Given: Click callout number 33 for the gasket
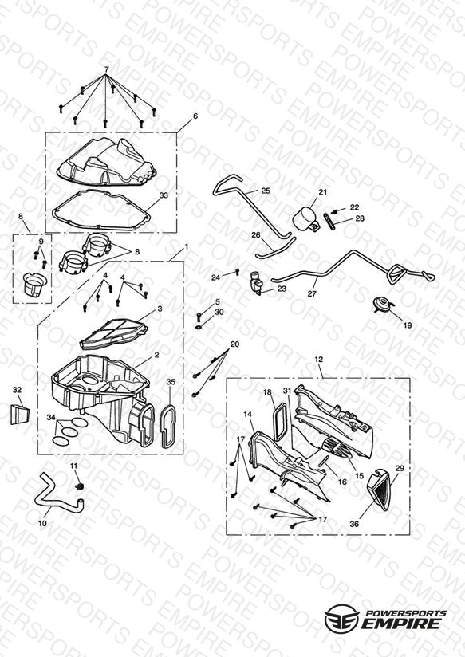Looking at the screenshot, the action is (x=164, y=195).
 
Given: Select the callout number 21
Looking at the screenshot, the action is (x=322, y=192).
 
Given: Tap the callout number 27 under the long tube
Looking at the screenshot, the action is (x=312, y=293).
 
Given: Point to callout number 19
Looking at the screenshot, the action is (x=407, y=325).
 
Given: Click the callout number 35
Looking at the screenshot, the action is (x=171, y=382).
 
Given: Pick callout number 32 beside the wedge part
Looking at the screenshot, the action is (x=17, y=390).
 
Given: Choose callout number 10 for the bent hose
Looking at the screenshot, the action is (x=43, y=523).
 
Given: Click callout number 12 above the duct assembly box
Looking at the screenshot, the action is (x=319, y=359).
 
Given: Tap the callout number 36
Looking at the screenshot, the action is (x=354, y=524).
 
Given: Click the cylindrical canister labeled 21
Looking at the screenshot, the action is (x=305, y=218).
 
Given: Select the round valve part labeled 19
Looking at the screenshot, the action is (x=382, y=305).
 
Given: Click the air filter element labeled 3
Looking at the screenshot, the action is (x=113, y=334).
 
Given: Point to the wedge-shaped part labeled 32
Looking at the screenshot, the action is (x=20, y=414).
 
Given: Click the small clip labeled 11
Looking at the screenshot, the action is (x=78, y=486).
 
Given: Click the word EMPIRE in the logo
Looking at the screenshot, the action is (x=402, y=623).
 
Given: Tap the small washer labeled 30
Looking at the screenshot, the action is (x=198, y=327).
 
